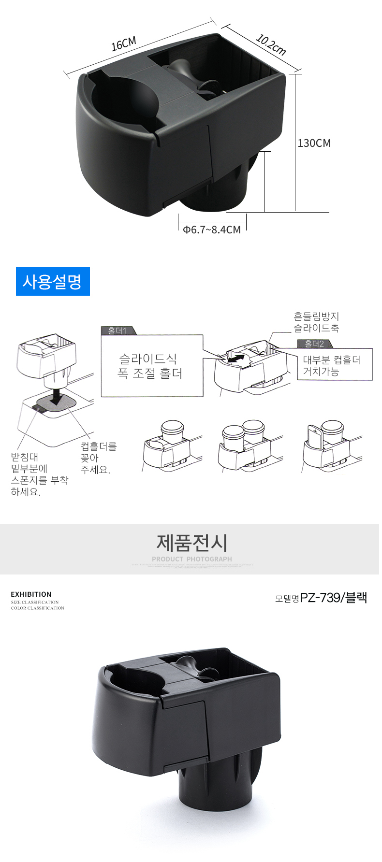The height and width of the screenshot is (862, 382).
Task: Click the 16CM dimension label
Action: point(124,43)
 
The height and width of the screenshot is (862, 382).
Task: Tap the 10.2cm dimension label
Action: point(270,44)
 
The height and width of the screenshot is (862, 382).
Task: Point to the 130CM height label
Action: point(314,143)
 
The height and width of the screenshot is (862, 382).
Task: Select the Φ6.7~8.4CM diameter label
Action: point(212,230)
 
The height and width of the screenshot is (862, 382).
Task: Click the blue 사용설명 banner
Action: point(53,281)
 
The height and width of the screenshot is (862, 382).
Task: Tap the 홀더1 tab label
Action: point(118,330)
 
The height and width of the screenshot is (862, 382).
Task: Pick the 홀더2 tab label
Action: point(314,344)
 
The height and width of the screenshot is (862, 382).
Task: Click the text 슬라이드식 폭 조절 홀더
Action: point(150,366)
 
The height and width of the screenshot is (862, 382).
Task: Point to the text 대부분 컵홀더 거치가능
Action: point(332,365)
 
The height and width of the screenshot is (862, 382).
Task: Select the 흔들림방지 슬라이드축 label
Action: point(316,322)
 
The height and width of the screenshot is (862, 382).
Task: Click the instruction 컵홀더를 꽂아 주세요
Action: point(98,458)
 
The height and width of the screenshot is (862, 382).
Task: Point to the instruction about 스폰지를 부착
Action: point(39,474)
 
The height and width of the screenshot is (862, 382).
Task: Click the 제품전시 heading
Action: point(191,543)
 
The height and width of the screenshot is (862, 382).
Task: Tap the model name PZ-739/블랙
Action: point(333,598)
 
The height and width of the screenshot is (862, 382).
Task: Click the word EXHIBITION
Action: point(31,594)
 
